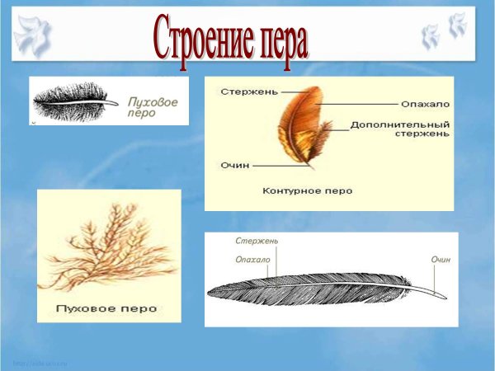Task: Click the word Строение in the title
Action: point(202,37)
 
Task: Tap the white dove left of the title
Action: point(33,35)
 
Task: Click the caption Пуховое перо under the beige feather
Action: point(107,310)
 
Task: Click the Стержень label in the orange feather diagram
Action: point(243,92)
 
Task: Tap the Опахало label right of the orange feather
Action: point(425,104)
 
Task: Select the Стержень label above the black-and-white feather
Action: point(256,241)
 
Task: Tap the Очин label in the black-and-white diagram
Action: point(441,260)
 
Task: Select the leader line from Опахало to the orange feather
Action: point(355,104)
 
